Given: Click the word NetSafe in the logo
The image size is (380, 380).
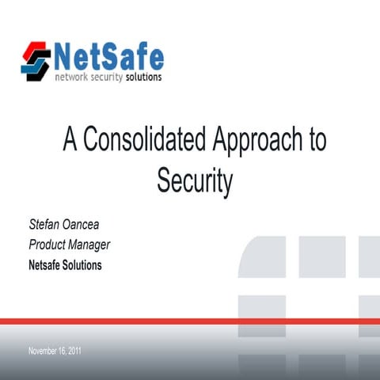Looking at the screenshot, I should tap(108, 56).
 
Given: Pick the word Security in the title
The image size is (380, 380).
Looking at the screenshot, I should tap(194, 180).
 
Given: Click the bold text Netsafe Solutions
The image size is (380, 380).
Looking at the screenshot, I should tap(65, 265).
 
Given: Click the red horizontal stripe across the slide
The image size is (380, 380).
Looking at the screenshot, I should tap(190, 321).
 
